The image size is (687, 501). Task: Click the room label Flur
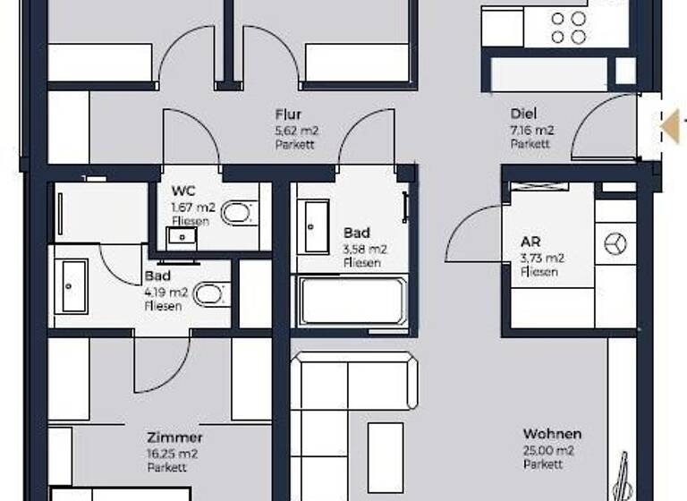(288, 115)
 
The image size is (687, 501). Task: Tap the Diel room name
(523, 115)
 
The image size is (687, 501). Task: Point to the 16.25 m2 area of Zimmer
(173, 454)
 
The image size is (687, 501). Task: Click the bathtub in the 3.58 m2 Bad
(353, 302)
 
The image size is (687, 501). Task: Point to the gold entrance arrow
(670, 124)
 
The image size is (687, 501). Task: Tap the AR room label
(530, 242)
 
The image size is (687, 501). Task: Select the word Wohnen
(552, 435)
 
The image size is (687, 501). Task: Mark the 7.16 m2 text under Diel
(531, 130)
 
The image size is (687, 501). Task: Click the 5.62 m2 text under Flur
(296, 130)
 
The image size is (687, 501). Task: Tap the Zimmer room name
(174, 437)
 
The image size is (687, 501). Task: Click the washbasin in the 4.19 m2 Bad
(71, 284)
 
